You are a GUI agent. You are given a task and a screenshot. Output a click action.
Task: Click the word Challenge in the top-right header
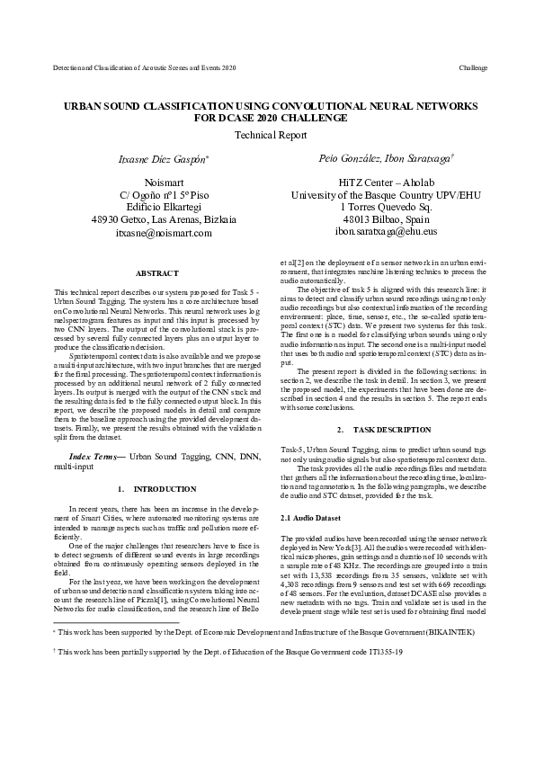(472, 67)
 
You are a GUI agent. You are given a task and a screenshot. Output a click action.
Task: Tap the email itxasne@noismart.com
(164, 232)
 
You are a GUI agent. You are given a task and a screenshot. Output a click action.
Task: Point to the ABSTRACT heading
(156, 272)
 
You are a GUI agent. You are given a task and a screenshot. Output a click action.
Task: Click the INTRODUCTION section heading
(164, 489)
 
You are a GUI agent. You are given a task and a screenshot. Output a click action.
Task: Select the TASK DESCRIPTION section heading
(380, 431)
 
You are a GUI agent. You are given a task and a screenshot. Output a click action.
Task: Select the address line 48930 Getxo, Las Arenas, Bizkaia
(164, 218)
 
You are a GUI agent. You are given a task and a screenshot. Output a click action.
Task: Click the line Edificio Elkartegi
(164, 206)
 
